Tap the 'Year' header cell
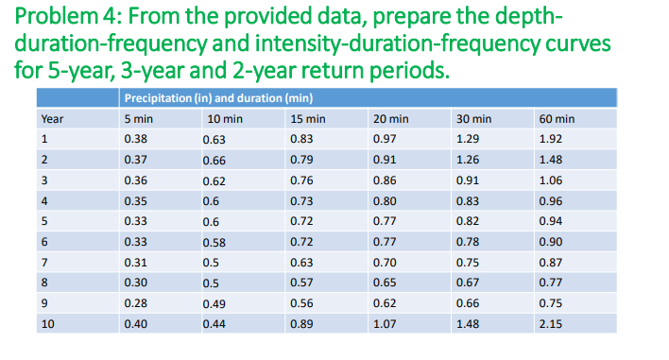tap(52, 119)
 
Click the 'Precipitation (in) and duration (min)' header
tap(219, 98)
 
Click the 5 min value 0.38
tap(136, 139)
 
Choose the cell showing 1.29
tap(469, 139)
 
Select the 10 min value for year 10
tap(216, 324)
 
